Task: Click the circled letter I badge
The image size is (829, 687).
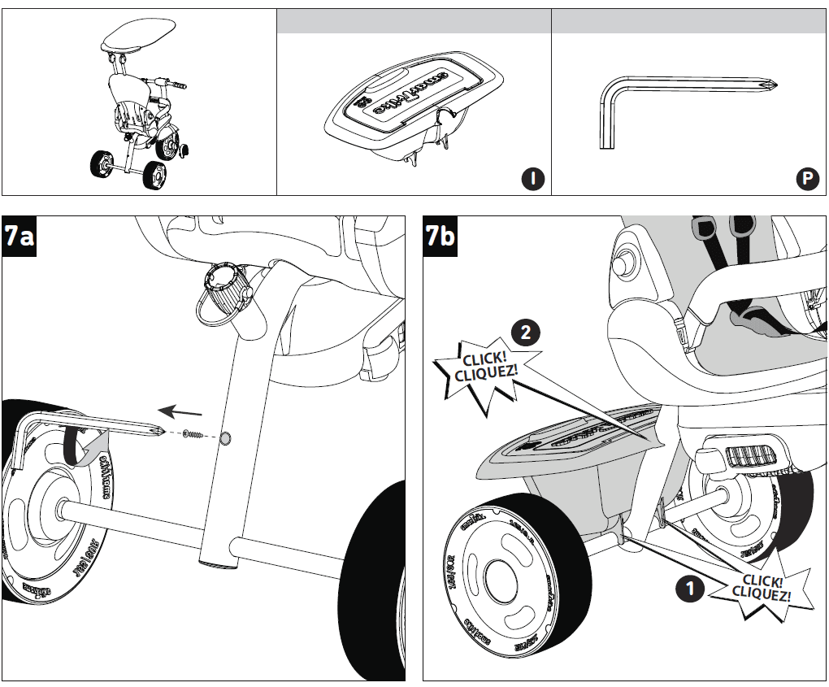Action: (x=532, y=179)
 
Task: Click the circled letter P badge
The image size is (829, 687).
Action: (x=807, y=179)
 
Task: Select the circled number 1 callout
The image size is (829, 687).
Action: (x=690, y=589)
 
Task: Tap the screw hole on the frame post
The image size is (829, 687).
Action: (x=225, y=438)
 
